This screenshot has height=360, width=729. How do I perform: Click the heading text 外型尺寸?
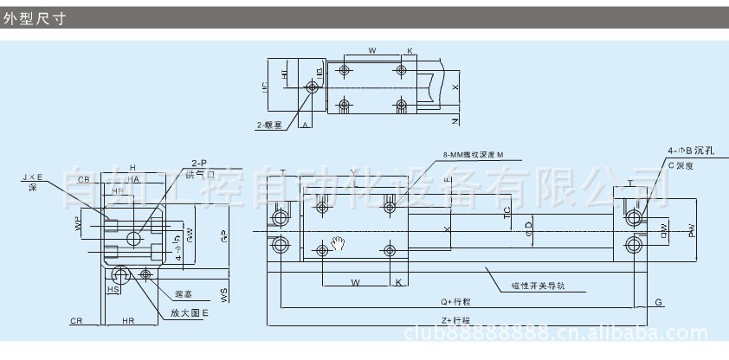[34, 17]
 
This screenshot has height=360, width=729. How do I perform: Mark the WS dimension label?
[225, 295]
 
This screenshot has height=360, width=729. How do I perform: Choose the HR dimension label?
[128, 321]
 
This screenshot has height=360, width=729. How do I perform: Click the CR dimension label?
[76, 321]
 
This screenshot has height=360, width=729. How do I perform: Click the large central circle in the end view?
[134, 237]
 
